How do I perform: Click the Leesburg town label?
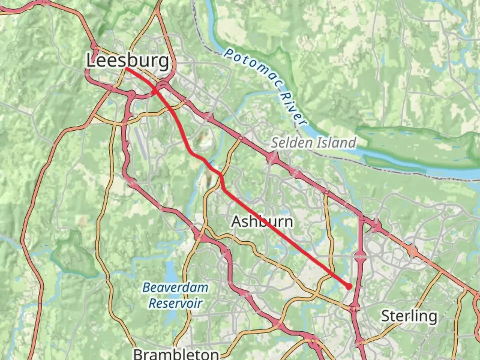pos(128,61)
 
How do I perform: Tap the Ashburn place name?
pos(262,222)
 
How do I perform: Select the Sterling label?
pos(409,316)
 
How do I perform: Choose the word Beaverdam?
pos(175,287)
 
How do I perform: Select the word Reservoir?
pos(175,303)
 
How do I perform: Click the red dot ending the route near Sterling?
pos(349,286)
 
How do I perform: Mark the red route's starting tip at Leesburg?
pos(127,68)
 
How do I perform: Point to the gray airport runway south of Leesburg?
pos(141,143)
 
